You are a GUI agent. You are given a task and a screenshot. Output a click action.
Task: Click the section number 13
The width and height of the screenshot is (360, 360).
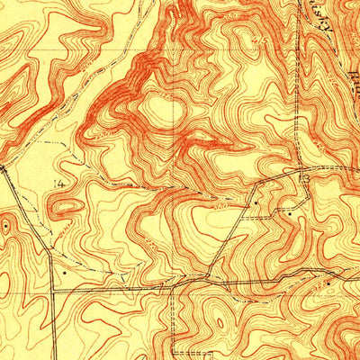tap(305, 181)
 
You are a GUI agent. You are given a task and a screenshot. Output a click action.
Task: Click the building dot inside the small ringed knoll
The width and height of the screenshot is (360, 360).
tap(7, 227)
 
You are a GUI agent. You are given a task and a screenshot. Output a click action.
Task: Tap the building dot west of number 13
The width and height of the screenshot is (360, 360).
tap(256, 203)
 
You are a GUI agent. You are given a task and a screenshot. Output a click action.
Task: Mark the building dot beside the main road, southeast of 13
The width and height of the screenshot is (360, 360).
tap(328, 282)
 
